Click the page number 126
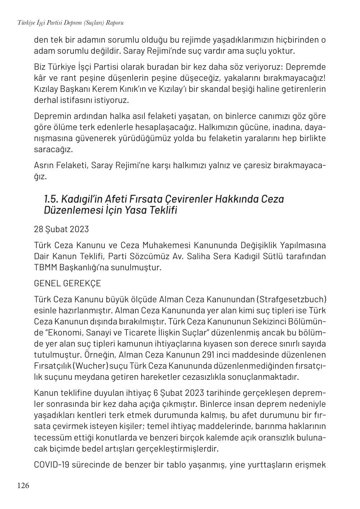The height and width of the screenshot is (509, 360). click(x=23, y=486)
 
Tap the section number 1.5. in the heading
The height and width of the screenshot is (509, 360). click(x=51, y=199)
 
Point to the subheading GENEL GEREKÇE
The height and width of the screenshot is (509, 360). click(x=67, y=283)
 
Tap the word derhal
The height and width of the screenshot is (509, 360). click(x=45, y=100)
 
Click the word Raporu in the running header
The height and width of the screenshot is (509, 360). click(x=115, y=23)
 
